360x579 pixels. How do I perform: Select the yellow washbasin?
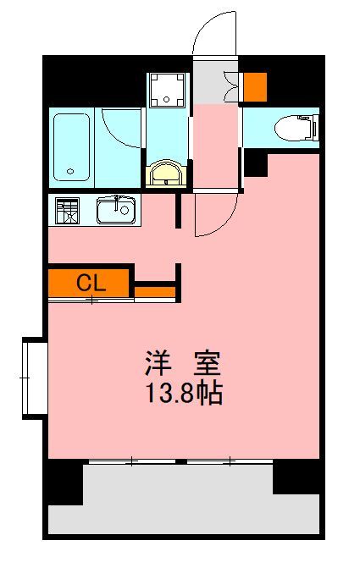pos(167,175)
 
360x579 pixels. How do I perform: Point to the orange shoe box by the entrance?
pos(255,86)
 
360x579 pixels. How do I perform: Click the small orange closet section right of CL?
pos(154,293)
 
